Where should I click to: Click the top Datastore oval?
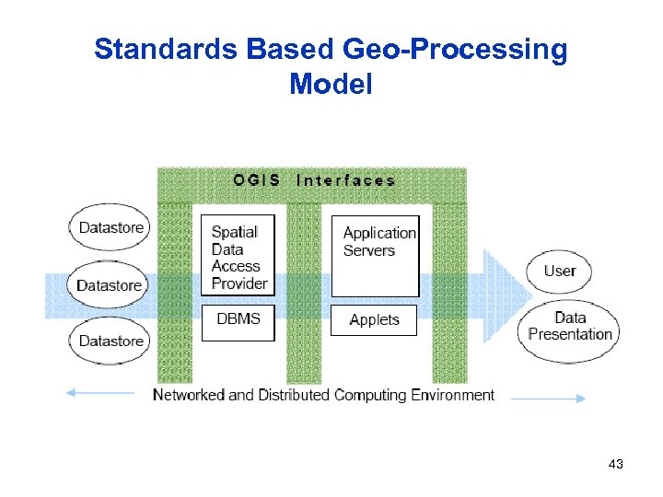click(109, 227)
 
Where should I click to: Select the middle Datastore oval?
click(109, 284)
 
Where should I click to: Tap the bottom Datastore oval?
click(109, 341)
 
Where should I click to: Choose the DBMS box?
click(238, 321)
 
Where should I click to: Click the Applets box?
click(374, 320)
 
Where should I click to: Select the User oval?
click(559, 271)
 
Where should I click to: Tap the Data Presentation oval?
click(570, 327)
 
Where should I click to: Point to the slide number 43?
click(616, 465)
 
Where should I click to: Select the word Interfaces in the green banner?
click(345, 180)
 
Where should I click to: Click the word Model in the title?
click(331, 85)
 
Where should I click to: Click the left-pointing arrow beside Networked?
click(101, 393)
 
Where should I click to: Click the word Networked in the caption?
click(188, 395)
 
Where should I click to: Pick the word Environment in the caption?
click(449, 395)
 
